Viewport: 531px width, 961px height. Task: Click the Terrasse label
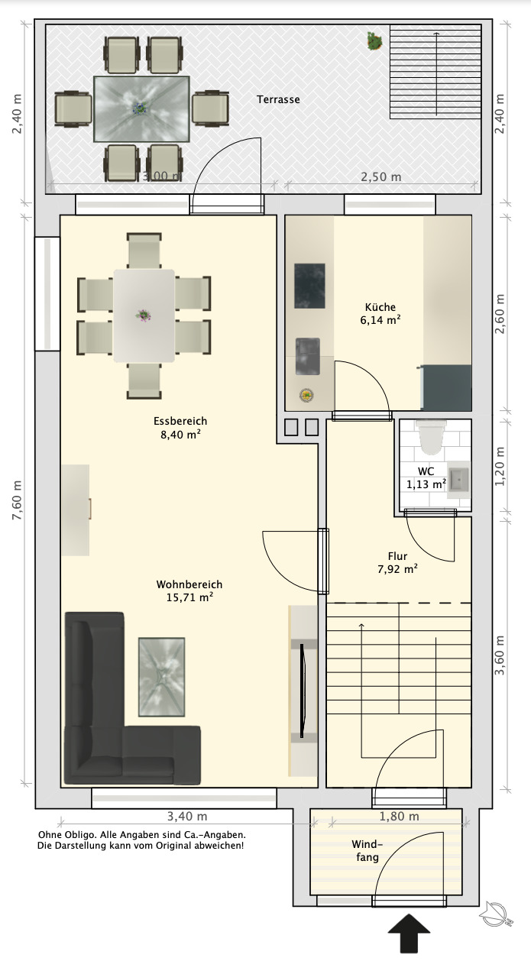pyautogui.click(x=278, y=99)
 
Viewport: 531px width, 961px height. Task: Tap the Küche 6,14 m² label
pyautogui.click(x=380, y=314)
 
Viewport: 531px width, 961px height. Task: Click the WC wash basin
pyautogui.click(x=458, y=480)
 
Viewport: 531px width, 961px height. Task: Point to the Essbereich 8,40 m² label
pyautogui.click(x=180, y=428)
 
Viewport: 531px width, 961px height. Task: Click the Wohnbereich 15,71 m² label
pyautogui.click(x=189, y=591)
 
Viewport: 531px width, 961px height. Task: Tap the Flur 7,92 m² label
pyautogui.click(x=397, y=562)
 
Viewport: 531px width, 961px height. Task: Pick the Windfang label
pyautogui.click(x=367, y=851)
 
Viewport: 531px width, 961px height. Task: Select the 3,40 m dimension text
pyautogui.click(x=187, y=817)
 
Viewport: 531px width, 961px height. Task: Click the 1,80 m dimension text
pyautogui.click(x=399, y=817)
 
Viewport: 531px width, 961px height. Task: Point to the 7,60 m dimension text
pyautogui.click(x=17, y=500)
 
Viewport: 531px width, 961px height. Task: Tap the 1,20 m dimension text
pyautogui.click(x=500, y=466)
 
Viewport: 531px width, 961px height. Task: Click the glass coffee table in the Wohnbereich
pyautogui.click(x=162, y=677)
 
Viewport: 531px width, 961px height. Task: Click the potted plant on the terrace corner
pyautogui.click(x=375, y=41)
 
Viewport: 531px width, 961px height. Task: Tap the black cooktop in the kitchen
pyautogui.click(x=309, y=286)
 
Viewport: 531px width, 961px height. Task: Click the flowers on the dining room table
pyautogui.click(x=144, y=315)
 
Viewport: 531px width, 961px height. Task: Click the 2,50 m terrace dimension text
pyautogui.click(x=381, y=176)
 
